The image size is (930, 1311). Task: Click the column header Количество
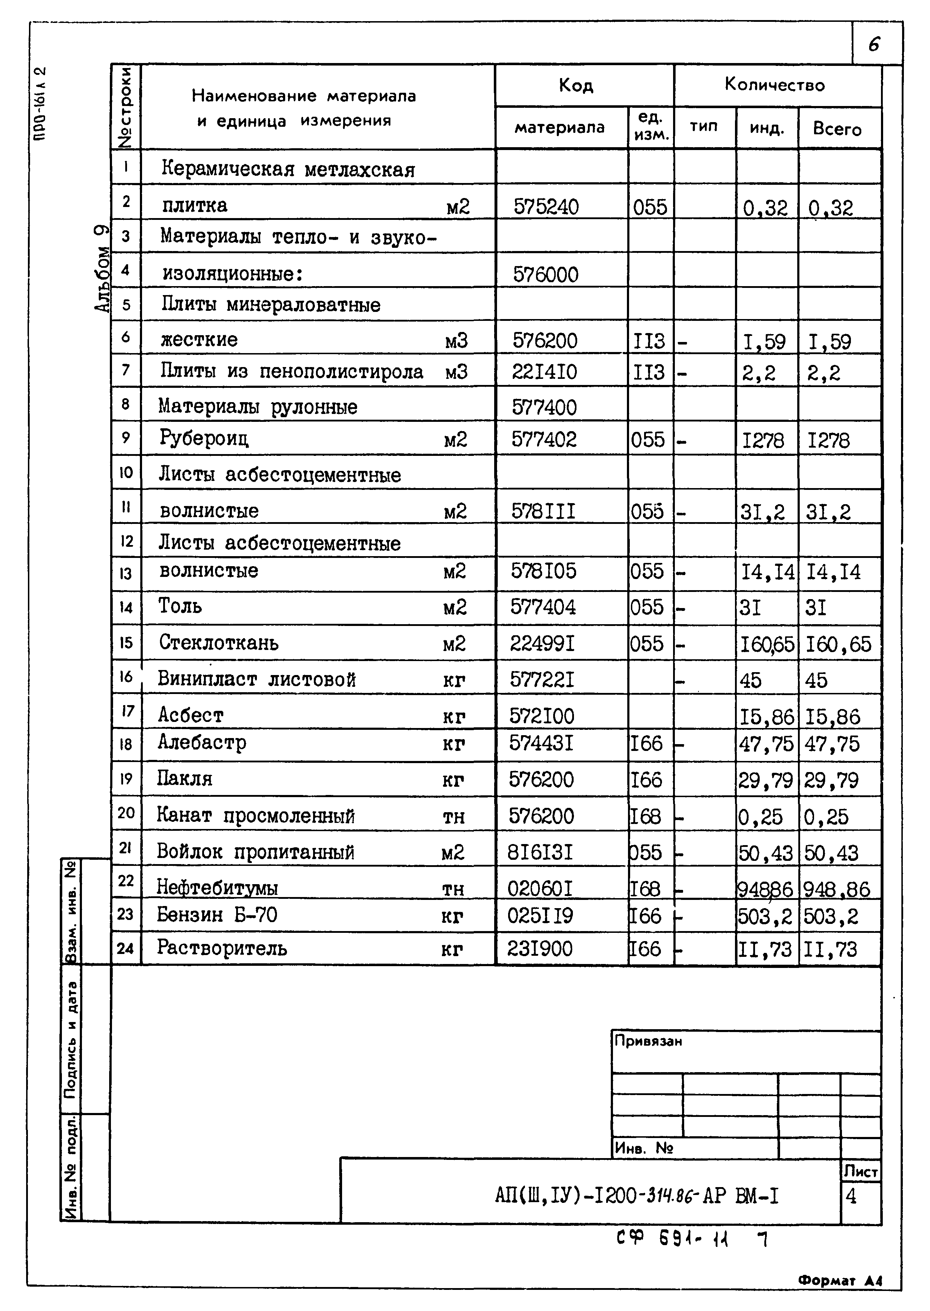coord(774,85)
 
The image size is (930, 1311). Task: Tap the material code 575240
coord(546,206)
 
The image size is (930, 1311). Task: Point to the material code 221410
coord(544,372)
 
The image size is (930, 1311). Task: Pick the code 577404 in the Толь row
coord(543,607)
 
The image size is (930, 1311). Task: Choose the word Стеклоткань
coord(219,643)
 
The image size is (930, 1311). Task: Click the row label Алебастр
coord(202,743)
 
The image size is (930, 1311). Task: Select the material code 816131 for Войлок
coord(540,853)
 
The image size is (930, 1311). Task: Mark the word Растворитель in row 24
coord(222,948)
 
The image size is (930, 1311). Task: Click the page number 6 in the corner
coord(874,44)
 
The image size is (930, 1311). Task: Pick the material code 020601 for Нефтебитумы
coord(540,888)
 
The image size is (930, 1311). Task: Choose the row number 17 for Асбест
coord(127,711)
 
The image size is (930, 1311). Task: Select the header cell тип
coord(704,127)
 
